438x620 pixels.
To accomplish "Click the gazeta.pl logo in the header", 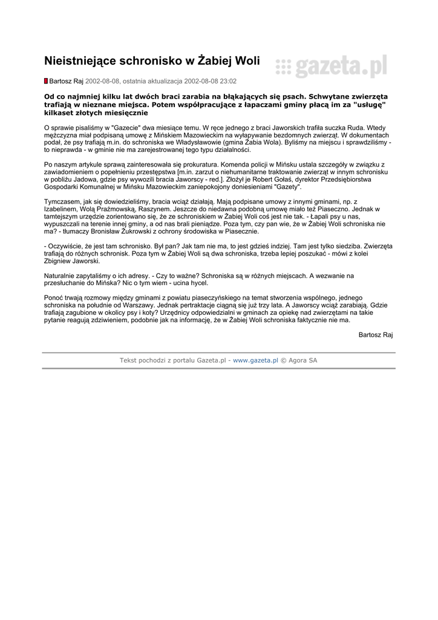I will click(331, 65).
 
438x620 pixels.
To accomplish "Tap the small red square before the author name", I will click(45, 81).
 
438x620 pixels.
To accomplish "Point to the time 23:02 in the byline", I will click(227, 81).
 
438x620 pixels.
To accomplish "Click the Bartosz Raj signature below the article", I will click(375, 334).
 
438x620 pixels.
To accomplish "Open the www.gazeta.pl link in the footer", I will click(255, 360).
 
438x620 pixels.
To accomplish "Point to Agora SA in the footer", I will click(304, 360).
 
